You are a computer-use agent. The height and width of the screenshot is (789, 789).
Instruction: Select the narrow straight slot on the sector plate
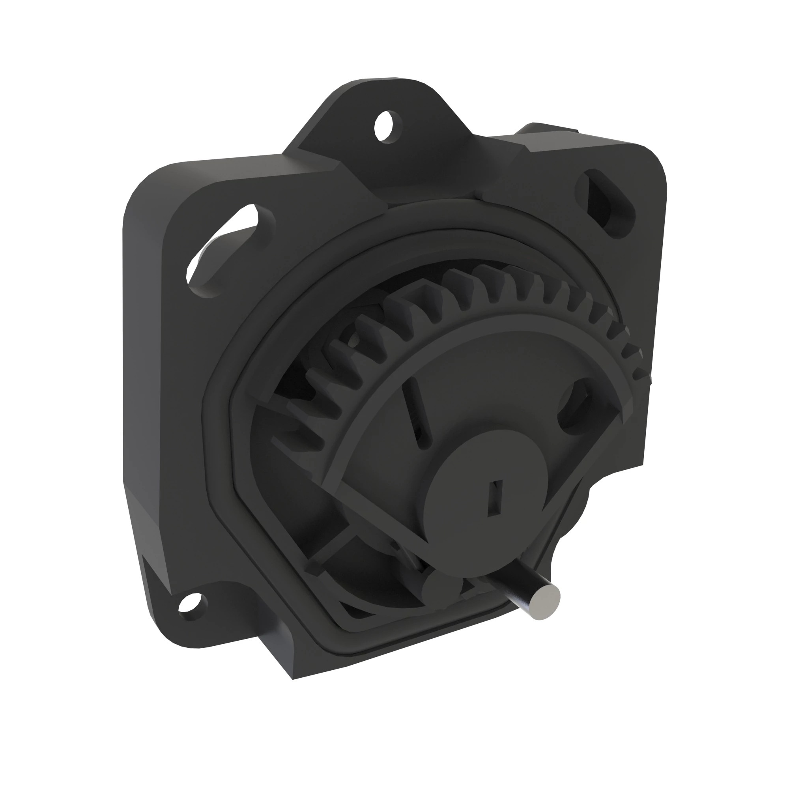click(417, 413)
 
